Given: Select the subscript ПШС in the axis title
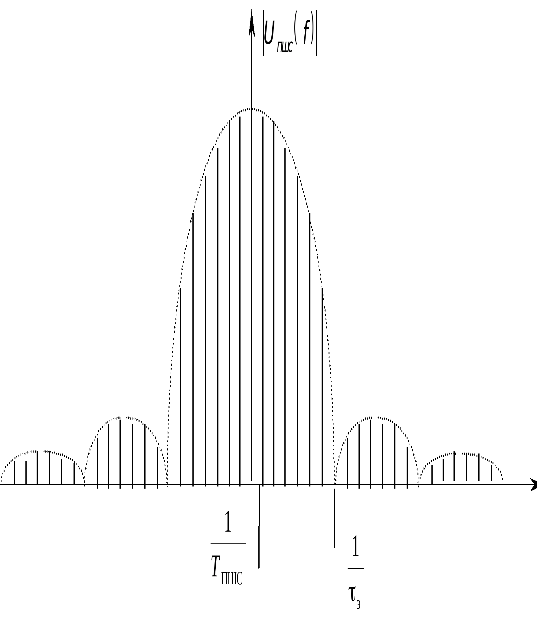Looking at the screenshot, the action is (285, 47).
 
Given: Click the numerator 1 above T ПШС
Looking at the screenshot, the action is (228, 522).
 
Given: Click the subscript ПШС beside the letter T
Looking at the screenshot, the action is (232, 579).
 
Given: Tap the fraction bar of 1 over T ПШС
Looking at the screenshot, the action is (228, 544).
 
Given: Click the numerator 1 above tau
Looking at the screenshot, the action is (355, 546).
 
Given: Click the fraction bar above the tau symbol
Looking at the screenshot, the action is (355, 568).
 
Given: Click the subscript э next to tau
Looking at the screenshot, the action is (359, 604).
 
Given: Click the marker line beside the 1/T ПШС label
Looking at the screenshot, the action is (259, 527).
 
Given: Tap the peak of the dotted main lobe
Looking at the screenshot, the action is (251, 108).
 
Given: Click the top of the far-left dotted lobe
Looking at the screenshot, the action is (39, 451).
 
